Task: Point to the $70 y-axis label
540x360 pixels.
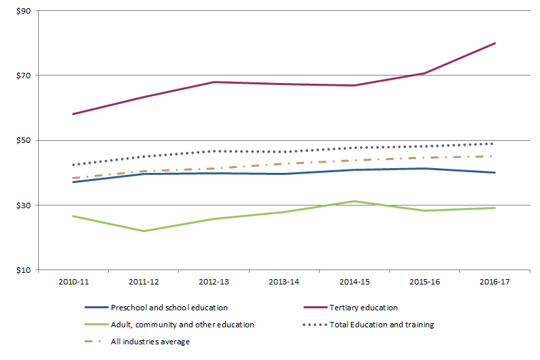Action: [24, 76]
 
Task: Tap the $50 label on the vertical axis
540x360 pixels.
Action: [24, 140]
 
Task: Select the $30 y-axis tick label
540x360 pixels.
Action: [24, 205]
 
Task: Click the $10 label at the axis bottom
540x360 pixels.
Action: [24, 270]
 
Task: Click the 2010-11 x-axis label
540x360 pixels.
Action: [74, 281]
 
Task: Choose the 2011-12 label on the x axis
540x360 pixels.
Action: [144, 281]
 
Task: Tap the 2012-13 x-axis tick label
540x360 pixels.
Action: [214, 281]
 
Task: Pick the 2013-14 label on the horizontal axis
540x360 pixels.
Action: [284, 281]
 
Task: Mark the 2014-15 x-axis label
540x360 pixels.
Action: [354, 281]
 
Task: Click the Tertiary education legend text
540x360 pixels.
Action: [363, 308]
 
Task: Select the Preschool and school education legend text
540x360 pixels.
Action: [169, 308]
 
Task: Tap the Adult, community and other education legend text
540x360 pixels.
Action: [182, 325]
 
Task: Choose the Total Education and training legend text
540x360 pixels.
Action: [381, 325]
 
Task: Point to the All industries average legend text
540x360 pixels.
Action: [150, 342]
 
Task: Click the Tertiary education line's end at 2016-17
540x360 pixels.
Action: [495, 43]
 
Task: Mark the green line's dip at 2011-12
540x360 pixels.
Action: [144, 231]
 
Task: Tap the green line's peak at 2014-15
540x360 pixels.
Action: [354, 201]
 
